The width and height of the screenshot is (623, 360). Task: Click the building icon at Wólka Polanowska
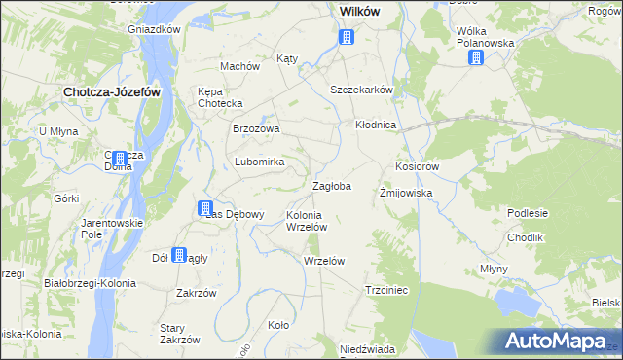tap(475, 57)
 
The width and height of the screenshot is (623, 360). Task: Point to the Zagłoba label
tap(331, 185)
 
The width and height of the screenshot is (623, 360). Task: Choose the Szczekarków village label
tap(361, 90)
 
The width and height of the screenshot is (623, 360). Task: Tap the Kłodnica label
tap(375, 126)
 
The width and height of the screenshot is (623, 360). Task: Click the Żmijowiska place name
tap(405, 193)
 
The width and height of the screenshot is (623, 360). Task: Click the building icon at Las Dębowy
tap(205, 207)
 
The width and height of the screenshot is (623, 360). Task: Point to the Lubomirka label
tap(259, 162)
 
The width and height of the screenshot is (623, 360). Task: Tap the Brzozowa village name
tap(256, 128)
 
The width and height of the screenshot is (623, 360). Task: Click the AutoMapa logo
tap(559, 342)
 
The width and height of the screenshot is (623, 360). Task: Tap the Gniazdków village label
tap(155, 29)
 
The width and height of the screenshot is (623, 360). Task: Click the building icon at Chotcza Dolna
tap(119, 159)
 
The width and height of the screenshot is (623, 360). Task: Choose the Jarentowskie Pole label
tap(112, 229)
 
